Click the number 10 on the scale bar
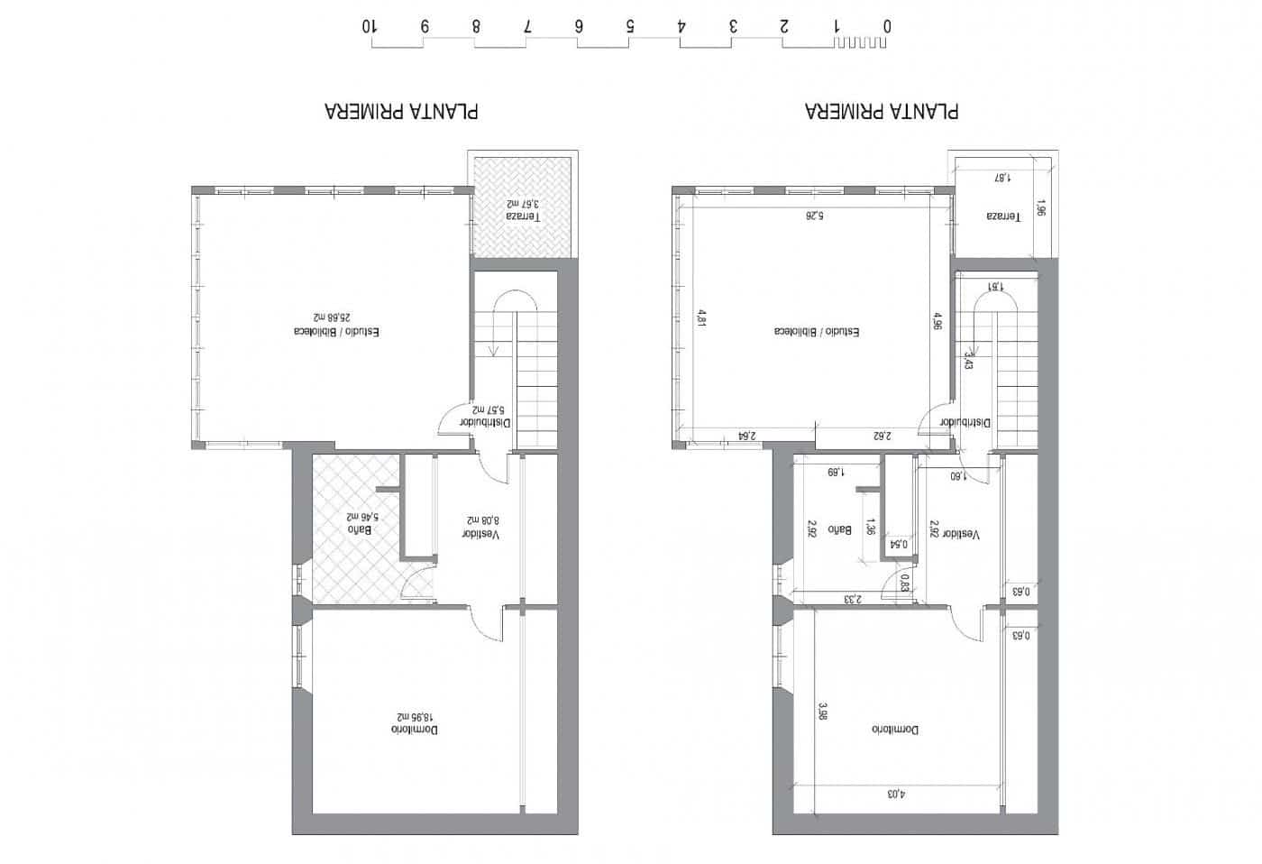pyautogui.click(x=370, y=26)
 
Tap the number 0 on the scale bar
pyautogui.click(x=887, y=26)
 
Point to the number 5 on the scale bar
pyautogui.click(x=630, y=26)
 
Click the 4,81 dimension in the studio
pyautogui.click(x=700, y=318)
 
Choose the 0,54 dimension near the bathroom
pyautogui.click(x=899, y=544)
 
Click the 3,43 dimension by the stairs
pyautogui.click(x=968, y=361)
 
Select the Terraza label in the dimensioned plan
pyautogui.click(x=1002, y=216)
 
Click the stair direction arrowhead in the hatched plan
pyautogui.click(x=492, y=352)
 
